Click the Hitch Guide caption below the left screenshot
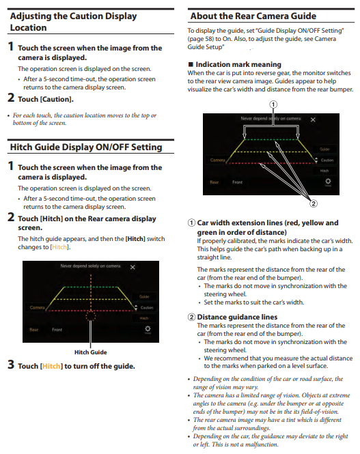click(x=91, y=352)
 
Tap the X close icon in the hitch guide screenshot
click(x=133, y=267)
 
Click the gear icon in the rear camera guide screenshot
click(x=328, y=181)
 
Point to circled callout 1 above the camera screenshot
click(x=273, y=104)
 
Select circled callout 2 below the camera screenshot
click(x=314, y=203)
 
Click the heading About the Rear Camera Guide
click(x=253, y=16)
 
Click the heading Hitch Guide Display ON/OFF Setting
click(x=86, y=147)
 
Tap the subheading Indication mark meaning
click(x=238, y=64)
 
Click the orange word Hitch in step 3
click(x=51, y=366)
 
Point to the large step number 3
click(x=11, y=365)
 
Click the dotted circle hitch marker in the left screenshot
click(x=91, y=315)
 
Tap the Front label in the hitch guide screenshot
click(x=57, y=330)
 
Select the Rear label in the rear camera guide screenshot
click(x=214, y=182)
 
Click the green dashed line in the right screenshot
click(x=271, y=139)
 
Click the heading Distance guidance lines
click(x=237, y=317)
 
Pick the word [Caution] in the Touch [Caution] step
click(x=57, y=99)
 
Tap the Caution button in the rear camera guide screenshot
click(x=327, y=160)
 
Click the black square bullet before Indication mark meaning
click(x=191, y=64)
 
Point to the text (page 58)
click(x=200, y=39)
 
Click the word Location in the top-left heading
click(x=29, y=27)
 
